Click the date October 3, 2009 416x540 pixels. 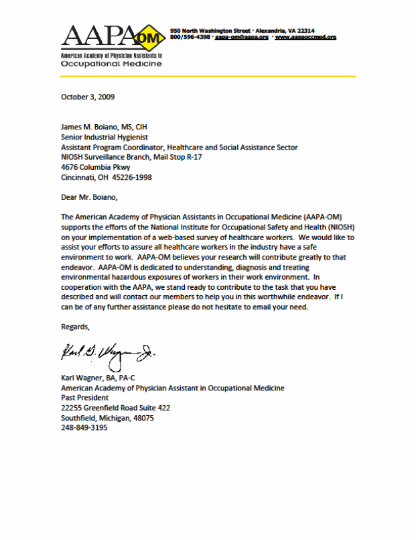click(x=88, y=97)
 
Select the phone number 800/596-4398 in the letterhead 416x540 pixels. click(x=191, y=38)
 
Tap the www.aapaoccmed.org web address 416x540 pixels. click(x=305, y=38)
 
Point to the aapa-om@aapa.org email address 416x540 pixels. click(x=242, y=38)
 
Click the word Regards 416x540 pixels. click(x=75, y=327)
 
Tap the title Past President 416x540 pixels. click(x=83, y=398)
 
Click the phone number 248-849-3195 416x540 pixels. click(x=84, y=428)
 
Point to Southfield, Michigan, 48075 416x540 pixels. click(x=107, y=418)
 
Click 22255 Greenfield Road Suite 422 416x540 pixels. click(x=115, y=408)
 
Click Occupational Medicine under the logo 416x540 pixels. click(x=111, y=64)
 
